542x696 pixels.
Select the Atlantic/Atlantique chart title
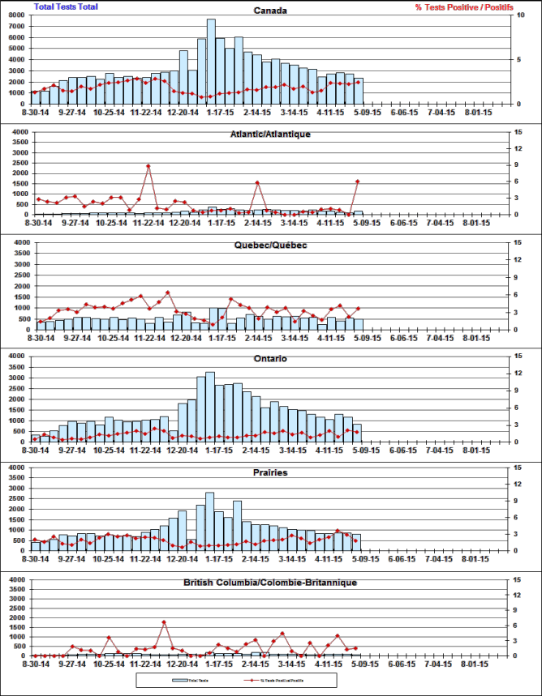(x=270, y=134)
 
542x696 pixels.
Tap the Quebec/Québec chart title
(x=270, y=246)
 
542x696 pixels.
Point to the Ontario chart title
(x=270, y=359)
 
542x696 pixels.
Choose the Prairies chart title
(x=270, y=472)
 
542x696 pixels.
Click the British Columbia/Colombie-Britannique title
(x=270, y=583)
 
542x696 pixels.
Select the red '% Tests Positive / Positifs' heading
(x=463, y=6)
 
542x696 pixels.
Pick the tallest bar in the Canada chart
(x=211, y=62)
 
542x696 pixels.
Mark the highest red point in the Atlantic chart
(x=148, y=166)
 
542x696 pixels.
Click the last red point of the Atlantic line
(x=357, y=181)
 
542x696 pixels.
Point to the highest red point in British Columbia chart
(x=164, y=622)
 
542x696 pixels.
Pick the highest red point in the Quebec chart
(x=167, y=292)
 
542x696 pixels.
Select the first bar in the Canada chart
(x=36, y=98)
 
